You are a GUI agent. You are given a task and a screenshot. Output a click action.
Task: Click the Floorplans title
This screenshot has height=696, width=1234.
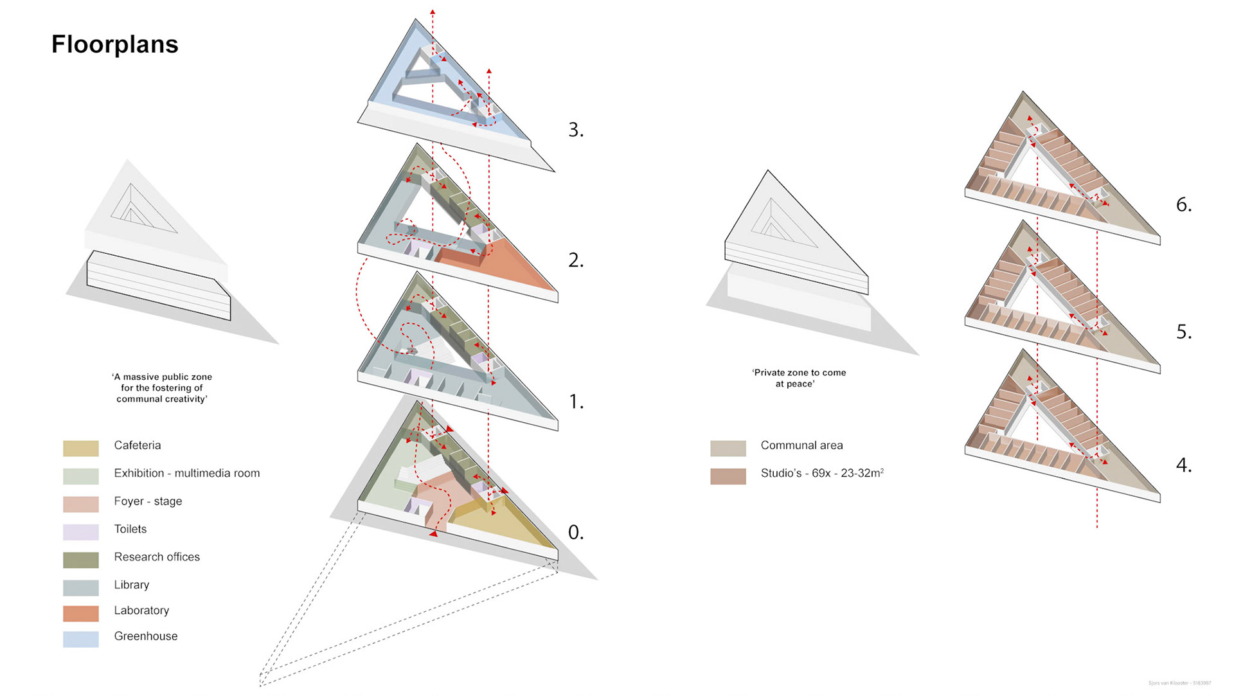(x=114, y=44)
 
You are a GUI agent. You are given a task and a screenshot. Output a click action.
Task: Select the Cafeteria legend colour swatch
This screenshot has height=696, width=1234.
(x=81, y=448)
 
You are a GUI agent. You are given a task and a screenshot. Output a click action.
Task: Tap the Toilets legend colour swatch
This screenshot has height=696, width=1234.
(x=81, y=531)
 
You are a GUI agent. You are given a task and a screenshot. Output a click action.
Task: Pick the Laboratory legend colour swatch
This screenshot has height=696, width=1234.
(x=81, y=613)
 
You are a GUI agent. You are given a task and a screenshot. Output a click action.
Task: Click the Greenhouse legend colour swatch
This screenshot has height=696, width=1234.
(x=81, y=639)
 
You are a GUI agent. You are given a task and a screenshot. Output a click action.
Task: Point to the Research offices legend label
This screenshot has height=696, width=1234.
(x=157, y=557)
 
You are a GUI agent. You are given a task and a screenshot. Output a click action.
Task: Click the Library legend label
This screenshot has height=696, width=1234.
(x=132, y=585)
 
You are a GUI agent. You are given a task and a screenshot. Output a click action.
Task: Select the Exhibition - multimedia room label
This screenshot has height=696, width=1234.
(x=187, y=473)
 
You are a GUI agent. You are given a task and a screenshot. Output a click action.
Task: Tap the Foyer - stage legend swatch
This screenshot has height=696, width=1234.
(x=81, y=504)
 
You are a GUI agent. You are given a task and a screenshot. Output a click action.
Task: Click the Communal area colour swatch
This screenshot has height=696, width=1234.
(x=728, y=448)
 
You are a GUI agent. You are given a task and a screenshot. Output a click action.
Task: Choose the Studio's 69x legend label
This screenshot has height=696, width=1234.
(x=822, y=473)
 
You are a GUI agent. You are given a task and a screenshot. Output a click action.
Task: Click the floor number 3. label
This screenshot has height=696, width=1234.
(x=576, y=130)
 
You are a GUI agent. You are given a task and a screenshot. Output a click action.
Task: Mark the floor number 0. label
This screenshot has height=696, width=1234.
(x=576, y=532)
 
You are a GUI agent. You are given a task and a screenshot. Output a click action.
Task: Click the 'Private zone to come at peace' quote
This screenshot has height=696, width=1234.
(x=799, y=378)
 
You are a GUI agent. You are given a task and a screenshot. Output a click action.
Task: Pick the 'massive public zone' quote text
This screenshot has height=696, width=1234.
(x=162, y=388)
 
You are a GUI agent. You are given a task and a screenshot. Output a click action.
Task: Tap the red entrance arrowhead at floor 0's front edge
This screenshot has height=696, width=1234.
(x=434, y=533)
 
